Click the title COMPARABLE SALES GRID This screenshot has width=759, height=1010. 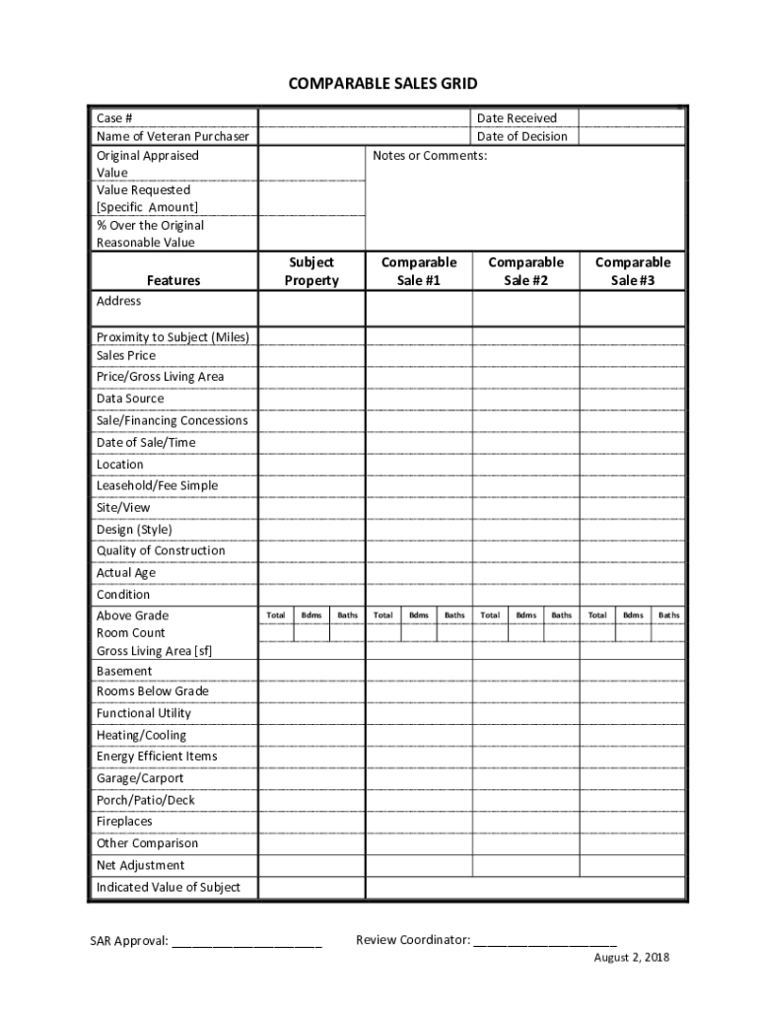click(382, 84)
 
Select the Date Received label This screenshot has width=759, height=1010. click(517, 118)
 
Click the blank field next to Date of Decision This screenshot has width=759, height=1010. click(631, 137)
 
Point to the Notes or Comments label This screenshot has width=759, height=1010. click(430, 156)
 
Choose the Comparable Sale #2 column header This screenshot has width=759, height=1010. click(525, 271)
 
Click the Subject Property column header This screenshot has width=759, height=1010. click(311, 271)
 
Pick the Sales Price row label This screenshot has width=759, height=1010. click(126, 356)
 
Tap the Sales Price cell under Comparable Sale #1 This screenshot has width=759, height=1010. click(419, 356)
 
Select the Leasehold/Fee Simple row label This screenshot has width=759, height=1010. click(157, 486)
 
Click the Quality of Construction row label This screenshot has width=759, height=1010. click(161, 551)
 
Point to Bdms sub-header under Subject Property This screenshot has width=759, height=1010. click(311, 615)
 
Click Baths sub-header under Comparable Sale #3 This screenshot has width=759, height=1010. click(668, 615)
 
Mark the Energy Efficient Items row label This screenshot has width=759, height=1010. click(157, 757)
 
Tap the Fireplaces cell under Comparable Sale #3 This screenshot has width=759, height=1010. click(632, 822)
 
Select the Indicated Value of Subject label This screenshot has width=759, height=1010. click(169, 888)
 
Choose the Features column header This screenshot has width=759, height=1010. click(173, 281)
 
